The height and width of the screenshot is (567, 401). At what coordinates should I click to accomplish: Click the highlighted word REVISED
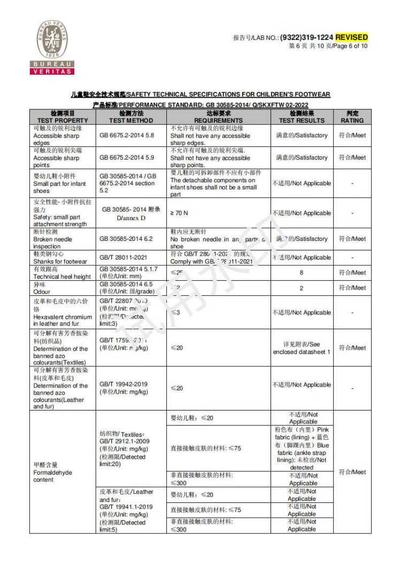coord(351,37)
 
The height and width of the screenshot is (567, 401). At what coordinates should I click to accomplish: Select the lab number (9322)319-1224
coord(306,37)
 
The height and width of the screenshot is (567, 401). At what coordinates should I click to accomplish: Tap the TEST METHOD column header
coord(130,117)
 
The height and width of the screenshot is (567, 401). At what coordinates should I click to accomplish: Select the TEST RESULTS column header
coord(302,117)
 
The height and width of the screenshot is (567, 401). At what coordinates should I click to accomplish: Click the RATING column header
coord(352,117)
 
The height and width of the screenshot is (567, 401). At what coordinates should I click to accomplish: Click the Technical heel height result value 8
coord(302,273)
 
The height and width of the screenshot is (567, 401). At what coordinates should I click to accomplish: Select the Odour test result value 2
coord(302,288)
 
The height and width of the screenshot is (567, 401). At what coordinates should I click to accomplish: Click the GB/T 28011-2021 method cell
coord(123,257)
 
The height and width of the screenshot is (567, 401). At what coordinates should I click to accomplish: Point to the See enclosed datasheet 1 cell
coord(302,348)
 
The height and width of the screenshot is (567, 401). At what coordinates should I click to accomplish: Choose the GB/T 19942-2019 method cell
coord(124,388)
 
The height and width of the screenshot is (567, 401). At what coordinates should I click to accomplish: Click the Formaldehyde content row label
coord(52,472)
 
